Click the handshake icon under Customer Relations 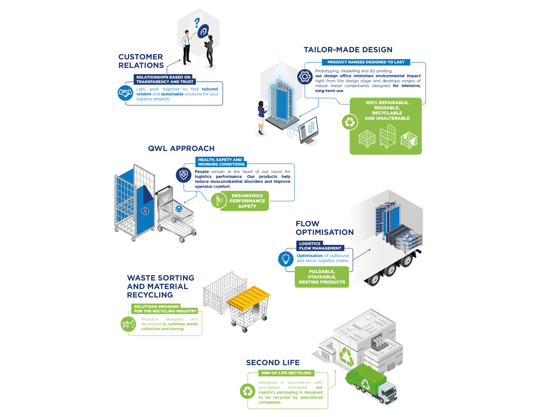(x=125, y=93)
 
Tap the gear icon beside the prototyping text (x=305, y=77)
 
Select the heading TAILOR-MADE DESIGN (x=348, y=50)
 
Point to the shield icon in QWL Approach (x=184, y=175)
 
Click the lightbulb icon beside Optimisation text (x=286, y=259)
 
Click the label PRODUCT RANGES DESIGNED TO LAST (x=366, y=62)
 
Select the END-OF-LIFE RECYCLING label (x=286, y=373)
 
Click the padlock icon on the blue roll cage (x=145, y=211)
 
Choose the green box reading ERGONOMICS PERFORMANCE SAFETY (x=247, y=201)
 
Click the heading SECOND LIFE (x=273, y=363)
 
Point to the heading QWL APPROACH (x=181, y=148)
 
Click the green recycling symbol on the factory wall (x=346, y=356)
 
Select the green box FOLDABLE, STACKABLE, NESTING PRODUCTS (x=322, y=277)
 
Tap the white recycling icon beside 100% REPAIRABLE (x=350, y=122)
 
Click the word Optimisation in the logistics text (x=310, y=256)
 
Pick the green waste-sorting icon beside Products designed (x=128, y=323)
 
